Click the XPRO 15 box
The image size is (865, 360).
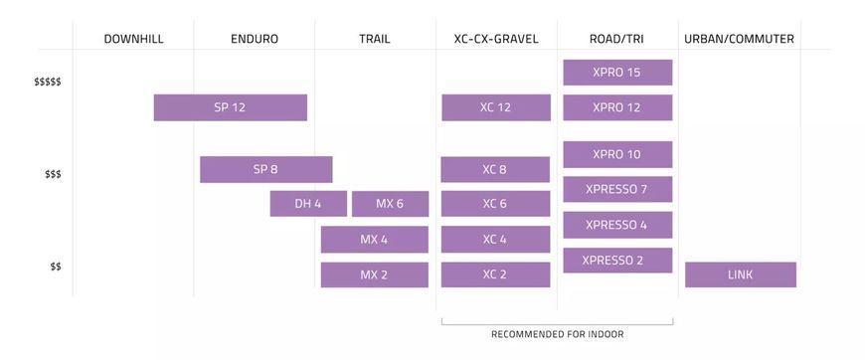click(x=617, y=73)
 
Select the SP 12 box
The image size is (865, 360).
click(x=230, y=107)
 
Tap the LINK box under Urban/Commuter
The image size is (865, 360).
click(x=741, y=274)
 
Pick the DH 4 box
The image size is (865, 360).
click(x=308, y=204)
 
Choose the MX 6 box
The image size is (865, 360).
click(x=390, y=204)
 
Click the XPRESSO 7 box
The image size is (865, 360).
click(x=617, y=189)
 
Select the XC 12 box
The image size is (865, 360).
click(x=496, y=107)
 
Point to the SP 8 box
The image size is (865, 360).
click(x=265, y=169)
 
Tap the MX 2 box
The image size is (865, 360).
click(x=374, y=274)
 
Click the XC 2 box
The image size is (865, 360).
click(x=495, y=274)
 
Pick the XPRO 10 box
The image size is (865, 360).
click(x=617, y=154)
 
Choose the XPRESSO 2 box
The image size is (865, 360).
click(x=617, y=261)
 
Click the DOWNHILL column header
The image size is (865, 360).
click(x=133, y=39)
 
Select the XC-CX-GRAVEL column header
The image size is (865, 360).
click(x=496, y=39)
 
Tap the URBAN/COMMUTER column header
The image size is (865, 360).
click(x=739, y=39)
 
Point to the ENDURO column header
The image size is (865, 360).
click(x=255, y=39)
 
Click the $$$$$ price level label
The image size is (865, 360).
click(x=48, y=82)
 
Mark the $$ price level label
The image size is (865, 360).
click(x=56, y=267)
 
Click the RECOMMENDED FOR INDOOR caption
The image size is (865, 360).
click(x=557, y=334)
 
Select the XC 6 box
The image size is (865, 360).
click(x=495, y=204)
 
